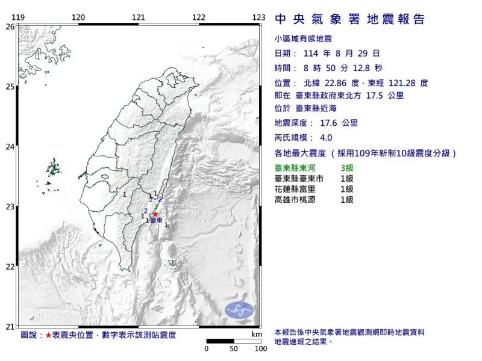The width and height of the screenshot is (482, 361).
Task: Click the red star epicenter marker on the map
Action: [x=155, y=214]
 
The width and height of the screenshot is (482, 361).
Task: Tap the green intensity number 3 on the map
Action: [x=156, y=206]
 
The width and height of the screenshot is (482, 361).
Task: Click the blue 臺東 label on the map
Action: [x=155, y=221]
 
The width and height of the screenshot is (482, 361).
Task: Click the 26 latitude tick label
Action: [x=10, y=26]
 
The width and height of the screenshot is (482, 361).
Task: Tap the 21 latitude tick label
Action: [x=10, y=327]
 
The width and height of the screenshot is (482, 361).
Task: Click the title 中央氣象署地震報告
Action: [x=349, y=19]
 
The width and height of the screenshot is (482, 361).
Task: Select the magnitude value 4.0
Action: [x=326, y=137]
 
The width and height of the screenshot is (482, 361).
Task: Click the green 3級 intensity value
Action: [x=348, y=168]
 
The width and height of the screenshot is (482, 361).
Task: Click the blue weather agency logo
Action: [x=239, y=310]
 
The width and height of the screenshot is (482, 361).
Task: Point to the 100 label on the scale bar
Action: [x=261, y=348]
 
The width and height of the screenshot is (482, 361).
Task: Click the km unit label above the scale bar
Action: [x=257, y=335]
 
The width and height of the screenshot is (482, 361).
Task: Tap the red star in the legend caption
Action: [x=48, y=335]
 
